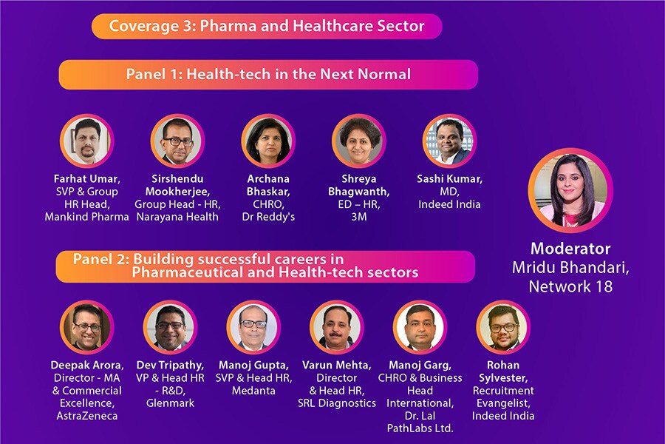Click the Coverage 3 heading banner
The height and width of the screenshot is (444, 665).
(x=267, y=26)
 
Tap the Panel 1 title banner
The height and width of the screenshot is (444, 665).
(x=268, y=74)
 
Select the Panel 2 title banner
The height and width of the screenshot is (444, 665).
(x=265, y=266)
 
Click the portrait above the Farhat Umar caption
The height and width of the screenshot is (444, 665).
(x=86, y=141)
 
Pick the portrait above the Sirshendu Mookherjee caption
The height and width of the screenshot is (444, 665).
(x=177, y=141)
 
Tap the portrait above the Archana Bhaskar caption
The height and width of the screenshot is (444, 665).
(x=267, y=141)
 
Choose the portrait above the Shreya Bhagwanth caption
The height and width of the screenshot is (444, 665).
(x=358, y=141)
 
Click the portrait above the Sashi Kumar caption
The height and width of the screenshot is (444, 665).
(x=449, y=141)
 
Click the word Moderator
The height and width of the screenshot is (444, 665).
(x=570, y=249)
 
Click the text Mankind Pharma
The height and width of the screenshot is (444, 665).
(x=86, y=217)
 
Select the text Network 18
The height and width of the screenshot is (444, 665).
(x=570, y=286)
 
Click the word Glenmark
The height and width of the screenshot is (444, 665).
(x=171, y=403)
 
